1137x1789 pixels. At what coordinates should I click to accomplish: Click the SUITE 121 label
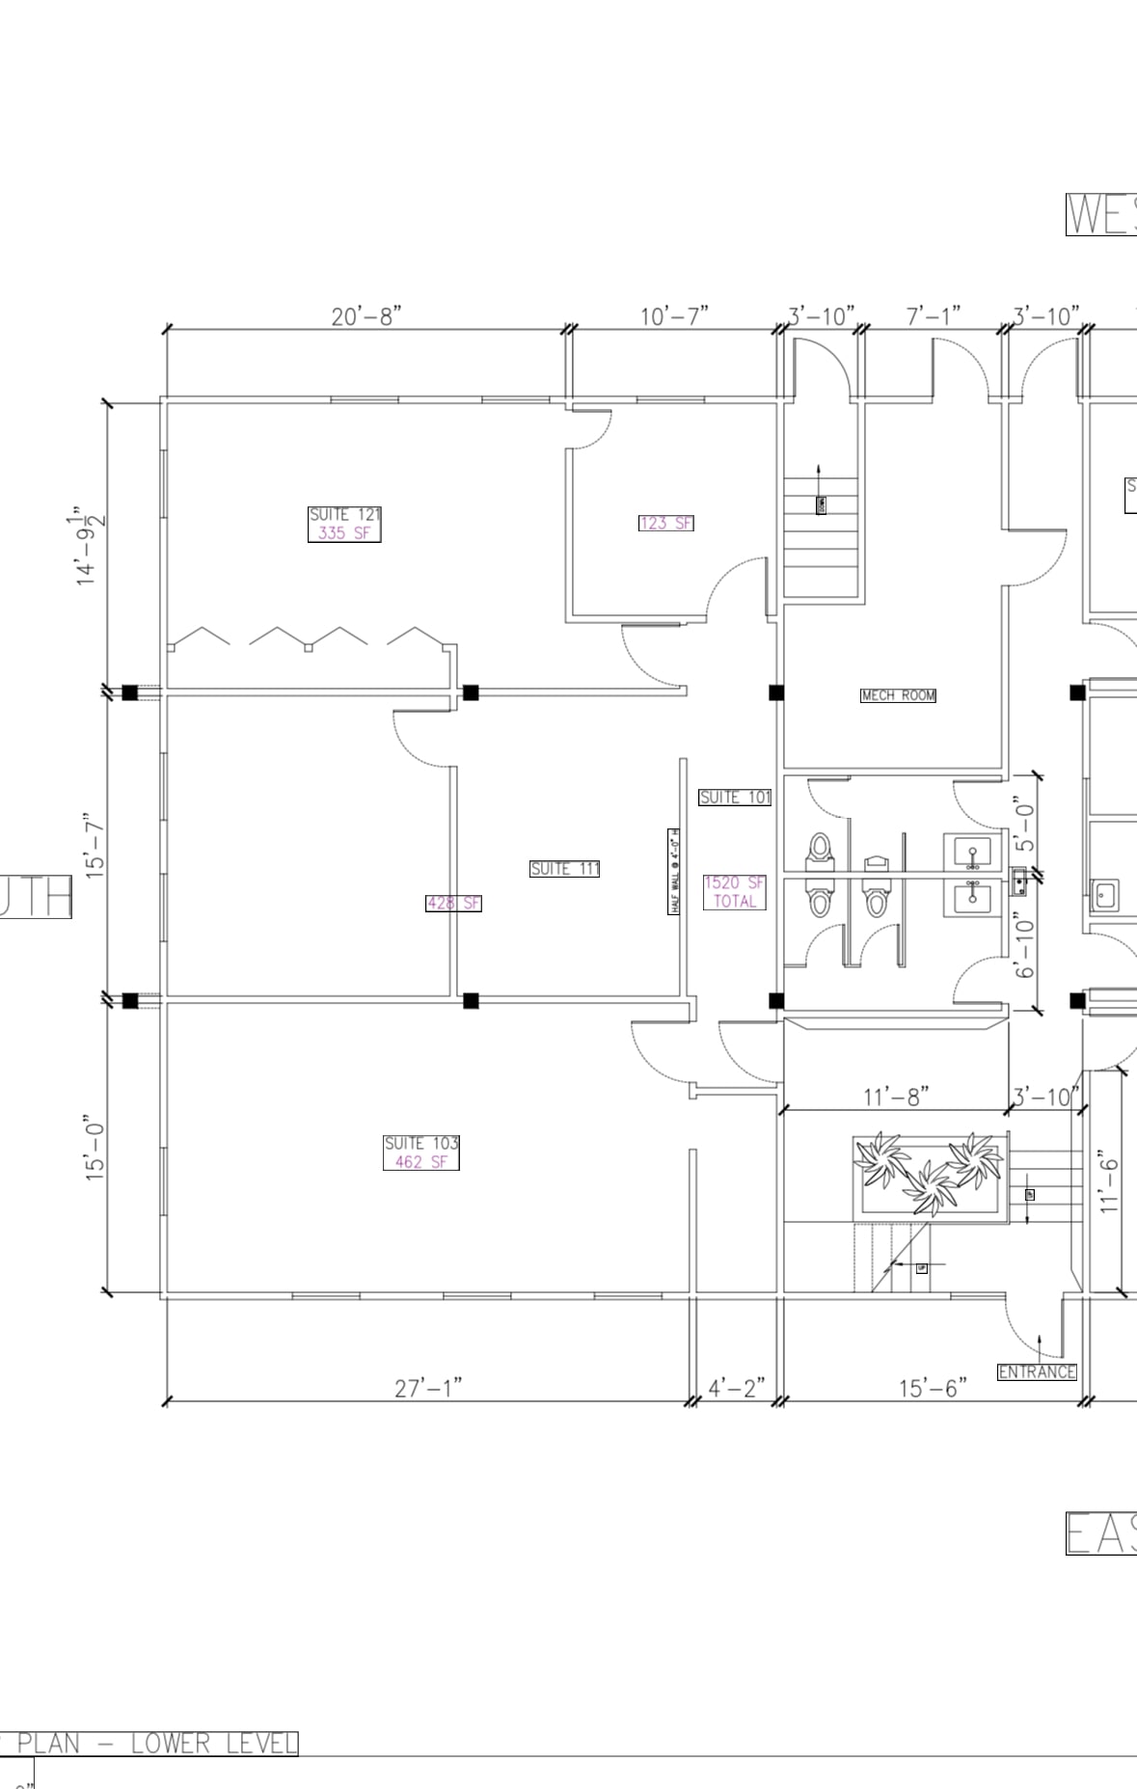(344, 515)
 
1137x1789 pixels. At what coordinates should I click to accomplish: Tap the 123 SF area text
(665, 523)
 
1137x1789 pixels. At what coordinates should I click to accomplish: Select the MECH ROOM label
(898, 695)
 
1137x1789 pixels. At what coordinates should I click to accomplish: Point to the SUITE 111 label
(564, 869)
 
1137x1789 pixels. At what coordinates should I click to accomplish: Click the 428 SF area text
(453, 903)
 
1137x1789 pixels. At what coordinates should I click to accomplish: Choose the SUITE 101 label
(735, 797)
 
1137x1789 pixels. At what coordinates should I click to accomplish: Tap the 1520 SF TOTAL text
(734, 892)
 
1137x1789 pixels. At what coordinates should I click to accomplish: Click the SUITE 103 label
(421, 1143)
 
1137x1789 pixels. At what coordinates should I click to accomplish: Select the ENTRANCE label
(1037, 1371)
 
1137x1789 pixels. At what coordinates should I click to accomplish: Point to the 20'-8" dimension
(365, 316)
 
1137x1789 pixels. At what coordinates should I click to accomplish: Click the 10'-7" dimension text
(674, 316)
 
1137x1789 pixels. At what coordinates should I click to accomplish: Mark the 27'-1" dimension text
(428, 1388)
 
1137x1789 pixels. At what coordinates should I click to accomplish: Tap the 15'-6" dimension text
(933, 1388)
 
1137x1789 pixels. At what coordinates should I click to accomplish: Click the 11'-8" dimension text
(895, 1097)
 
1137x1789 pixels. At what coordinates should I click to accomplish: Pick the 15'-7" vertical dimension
(95, 845)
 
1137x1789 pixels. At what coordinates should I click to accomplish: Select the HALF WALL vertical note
(675, 871)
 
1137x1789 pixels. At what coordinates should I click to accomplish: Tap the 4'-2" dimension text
(736, 1388)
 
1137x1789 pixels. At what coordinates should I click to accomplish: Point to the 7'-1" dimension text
(933, 316)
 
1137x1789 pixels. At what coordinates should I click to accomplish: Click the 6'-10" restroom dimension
(1024, 945)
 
